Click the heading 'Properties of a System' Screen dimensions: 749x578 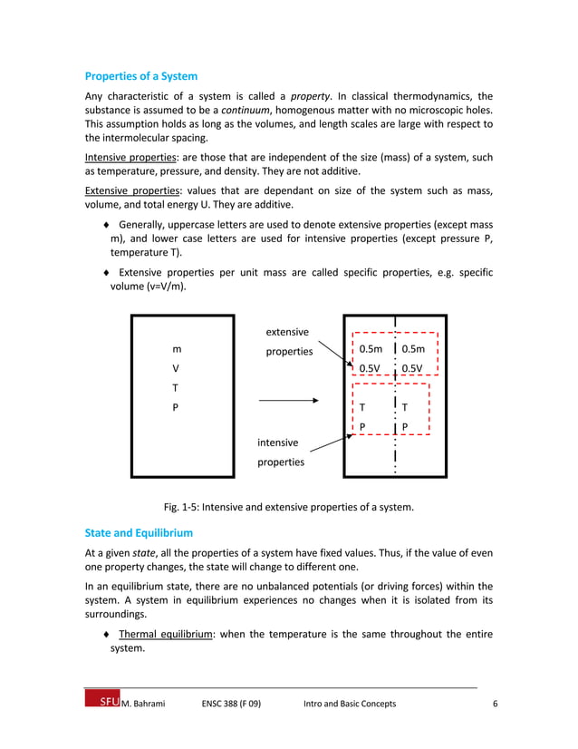(140, 76)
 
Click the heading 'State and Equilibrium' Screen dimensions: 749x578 (138, 532)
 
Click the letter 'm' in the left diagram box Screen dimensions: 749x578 (176, 349)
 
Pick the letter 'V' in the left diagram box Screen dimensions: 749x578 (176, 368)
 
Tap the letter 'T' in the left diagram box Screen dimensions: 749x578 (176, 388)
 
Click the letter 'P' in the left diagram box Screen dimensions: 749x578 (176, 407)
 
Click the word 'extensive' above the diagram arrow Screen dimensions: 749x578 (287, 333)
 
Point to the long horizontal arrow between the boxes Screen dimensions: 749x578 (289, 400)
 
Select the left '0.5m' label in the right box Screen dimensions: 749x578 (371, 349)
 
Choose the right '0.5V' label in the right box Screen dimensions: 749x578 (412, 368)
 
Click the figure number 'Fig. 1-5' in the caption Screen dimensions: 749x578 (180, 508)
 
